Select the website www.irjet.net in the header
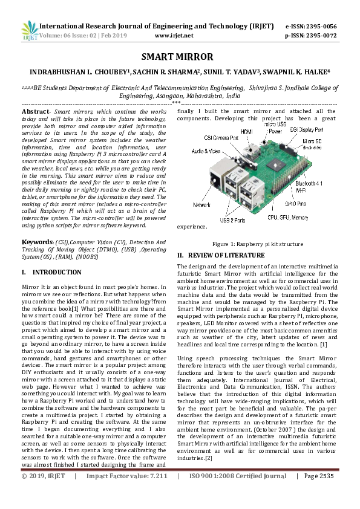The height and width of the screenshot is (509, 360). point(174,36)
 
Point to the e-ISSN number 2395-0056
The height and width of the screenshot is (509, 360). point(319,27)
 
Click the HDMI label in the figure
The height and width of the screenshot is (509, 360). point(246,131)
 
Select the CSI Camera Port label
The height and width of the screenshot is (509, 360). point(221,138)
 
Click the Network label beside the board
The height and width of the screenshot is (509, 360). point(202,206)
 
